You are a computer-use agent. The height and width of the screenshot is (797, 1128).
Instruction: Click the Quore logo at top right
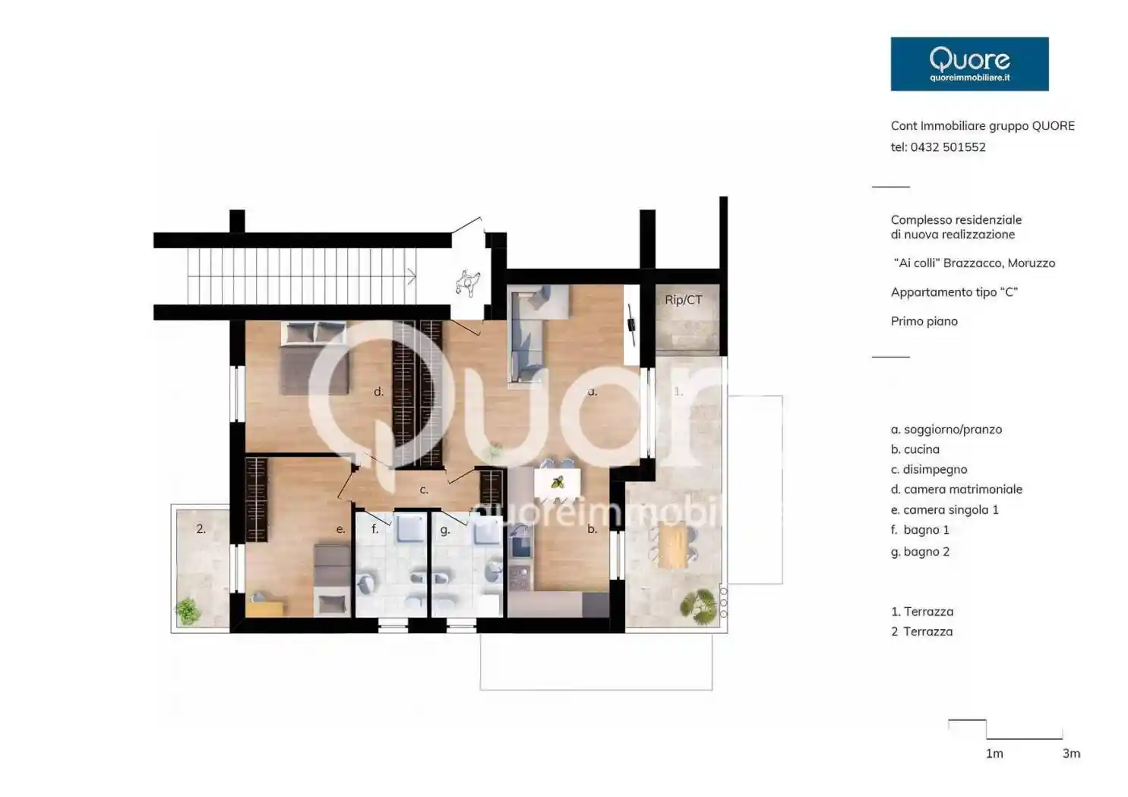point(969,64)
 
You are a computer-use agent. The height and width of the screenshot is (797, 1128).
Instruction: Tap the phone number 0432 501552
point(948,147)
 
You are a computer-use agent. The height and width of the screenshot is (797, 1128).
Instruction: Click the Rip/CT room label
point(684,300)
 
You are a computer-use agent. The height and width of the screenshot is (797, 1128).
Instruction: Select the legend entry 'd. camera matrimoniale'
point(956,489)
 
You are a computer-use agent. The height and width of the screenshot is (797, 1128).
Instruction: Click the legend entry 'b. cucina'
point(915,449)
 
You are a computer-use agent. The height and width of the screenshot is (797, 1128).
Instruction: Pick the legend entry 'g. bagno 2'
point(920,552)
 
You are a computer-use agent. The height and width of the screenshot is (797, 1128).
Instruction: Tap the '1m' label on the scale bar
point(994,753)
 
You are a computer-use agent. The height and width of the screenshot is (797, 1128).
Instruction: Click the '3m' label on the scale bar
point(1072,753)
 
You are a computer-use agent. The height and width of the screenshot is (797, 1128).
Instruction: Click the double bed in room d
point(314,358)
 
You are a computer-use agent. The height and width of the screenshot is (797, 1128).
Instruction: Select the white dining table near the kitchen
point(557,482)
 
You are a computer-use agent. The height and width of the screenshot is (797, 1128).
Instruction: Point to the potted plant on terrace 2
point(188,611)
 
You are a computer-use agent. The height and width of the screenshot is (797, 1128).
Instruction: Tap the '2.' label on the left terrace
point(201,529)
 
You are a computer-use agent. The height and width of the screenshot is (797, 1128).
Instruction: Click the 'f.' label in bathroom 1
point(374,529)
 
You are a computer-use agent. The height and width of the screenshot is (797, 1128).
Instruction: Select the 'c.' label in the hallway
point(424,490)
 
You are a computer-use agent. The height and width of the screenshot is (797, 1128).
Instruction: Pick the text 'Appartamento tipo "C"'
point(954,292)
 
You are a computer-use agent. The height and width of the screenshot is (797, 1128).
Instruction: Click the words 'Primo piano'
point(924,321)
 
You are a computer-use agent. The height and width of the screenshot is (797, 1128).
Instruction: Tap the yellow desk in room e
point(264,609)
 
